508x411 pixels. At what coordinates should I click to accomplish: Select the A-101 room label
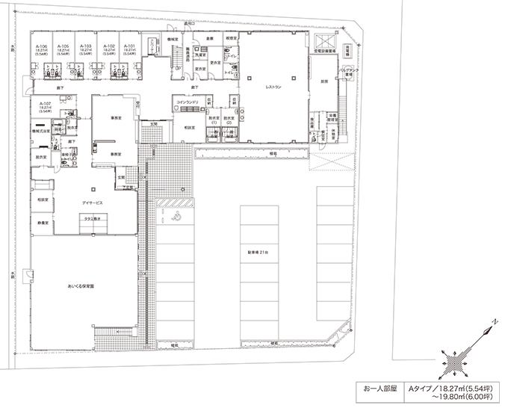[x=129, y=46]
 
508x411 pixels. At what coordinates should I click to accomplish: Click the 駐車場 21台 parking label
[x=258, y=252]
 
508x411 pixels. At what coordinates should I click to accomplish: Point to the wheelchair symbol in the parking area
[x=178, y=216]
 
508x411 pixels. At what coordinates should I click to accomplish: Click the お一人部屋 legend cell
[x=378, y=389]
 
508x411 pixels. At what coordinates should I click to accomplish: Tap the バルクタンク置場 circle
[x=348, y=72]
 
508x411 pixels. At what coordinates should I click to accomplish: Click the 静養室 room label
[x=43, y=223]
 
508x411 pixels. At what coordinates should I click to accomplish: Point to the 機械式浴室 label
[x=41, y=130]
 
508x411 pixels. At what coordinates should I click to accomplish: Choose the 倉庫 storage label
[x=211, y=37]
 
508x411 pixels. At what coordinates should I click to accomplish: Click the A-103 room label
[x=86, y=46]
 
